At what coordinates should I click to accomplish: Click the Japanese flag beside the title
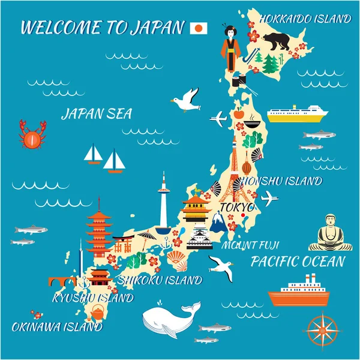tap(199, 28)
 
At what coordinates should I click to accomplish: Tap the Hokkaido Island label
tap(305, 19)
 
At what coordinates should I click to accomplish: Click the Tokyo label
tap(238, 208)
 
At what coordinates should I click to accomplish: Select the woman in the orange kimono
tap(230, 46)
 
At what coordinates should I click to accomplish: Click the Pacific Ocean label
tap(298, 262)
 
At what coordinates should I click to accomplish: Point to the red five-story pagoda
tap(99, 228)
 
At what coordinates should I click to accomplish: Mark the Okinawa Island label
tap(57, 328)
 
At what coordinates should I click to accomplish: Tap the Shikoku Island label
tap(160, 280)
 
